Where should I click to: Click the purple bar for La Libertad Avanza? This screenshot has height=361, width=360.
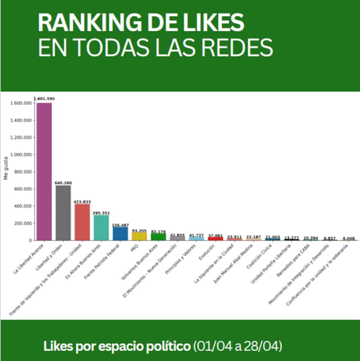coord(44,171)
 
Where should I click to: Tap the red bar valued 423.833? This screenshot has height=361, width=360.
coord(82,222)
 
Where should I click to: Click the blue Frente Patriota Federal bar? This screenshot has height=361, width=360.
coord(120,233)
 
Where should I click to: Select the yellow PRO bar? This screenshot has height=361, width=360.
coord(139,236)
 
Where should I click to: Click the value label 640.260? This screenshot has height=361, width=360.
coord(63,183)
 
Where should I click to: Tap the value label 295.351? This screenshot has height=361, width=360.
coord(101,213)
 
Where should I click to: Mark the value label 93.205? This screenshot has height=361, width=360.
coord(139,230)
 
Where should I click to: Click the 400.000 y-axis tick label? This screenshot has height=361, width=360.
coord(22,206)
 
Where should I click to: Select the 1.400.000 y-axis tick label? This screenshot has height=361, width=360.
coord(21,120)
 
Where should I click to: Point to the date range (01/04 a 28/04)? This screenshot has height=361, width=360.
coord(238,347)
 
